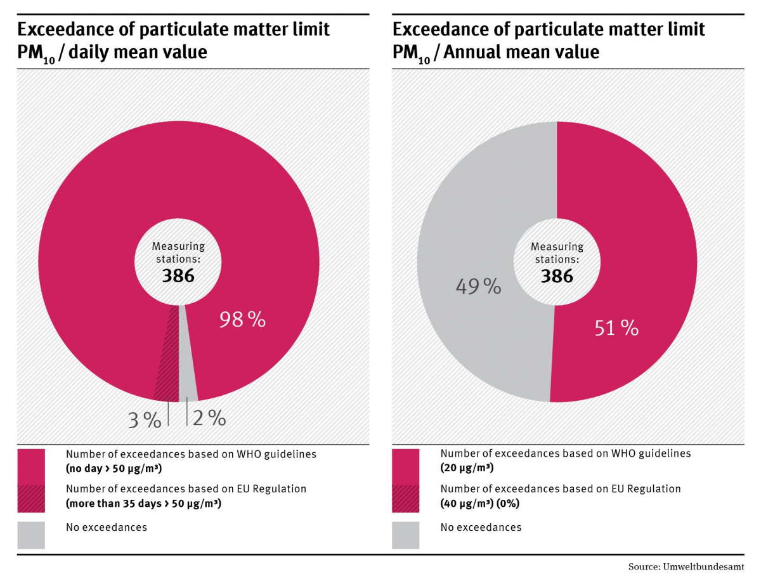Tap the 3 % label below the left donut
click(145, 420)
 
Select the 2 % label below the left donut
click(209, 418)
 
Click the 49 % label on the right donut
click(478, 287)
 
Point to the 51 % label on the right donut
click(616, 328)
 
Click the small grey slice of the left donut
click(186, 368)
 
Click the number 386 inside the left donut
click(178, 276)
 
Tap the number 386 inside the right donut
click(557, 276)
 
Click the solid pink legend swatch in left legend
click(31, 462)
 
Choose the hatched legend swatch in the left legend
click(31, 498)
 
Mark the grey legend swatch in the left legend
click(31, 535)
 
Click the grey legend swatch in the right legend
click(405, 535)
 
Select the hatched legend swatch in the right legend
click(405, 498)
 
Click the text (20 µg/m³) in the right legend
click(467, 468)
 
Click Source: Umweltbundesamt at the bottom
click(686, 566)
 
